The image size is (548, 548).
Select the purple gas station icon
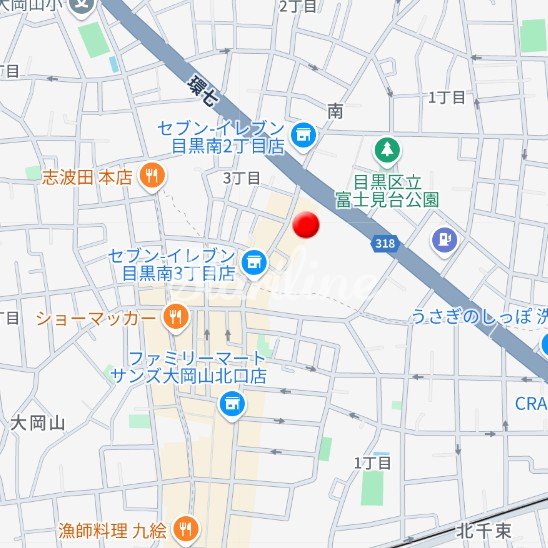(442, 240)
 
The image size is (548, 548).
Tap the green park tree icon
(386, 151)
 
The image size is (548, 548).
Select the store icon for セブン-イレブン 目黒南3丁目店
(254, 263)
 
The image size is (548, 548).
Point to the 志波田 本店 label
(87, 177)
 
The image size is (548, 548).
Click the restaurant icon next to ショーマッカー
(176, 318)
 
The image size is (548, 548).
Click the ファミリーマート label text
(197, 358)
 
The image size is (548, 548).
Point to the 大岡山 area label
(38, 423)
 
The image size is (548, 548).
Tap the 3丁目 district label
(241, 178)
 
